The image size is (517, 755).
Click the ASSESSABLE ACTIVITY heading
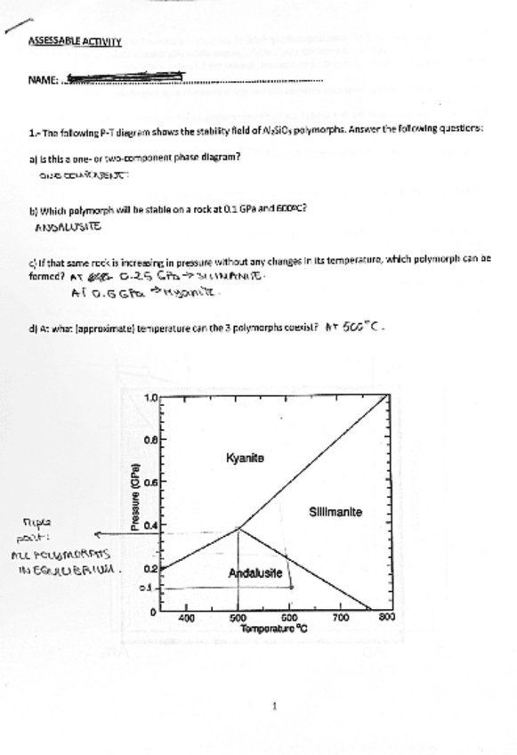75,41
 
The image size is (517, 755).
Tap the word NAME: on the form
43,80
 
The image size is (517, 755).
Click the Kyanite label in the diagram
245,458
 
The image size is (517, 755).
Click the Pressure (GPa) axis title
135,500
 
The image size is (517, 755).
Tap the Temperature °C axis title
273,628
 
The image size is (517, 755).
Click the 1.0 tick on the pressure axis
151,398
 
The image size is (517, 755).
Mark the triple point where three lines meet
238,528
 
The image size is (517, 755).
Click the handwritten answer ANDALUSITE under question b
68,227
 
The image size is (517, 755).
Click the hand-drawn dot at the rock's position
290,588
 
